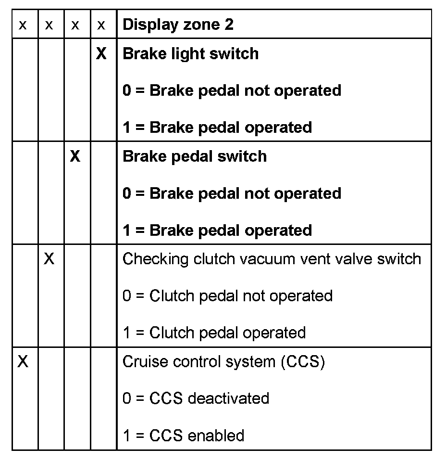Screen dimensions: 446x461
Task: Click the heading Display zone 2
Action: (178, 25)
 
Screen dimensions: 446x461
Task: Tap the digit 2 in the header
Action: (229, 25)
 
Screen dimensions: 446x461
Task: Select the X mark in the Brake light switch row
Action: (101, 53)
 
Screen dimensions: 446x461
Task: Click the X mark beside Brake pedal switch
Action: (75, 156)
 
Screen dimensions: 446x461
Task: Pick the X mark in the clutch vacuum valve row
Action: (49, 259)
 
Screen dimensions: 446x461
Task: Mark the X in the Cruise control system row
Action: (23, 361)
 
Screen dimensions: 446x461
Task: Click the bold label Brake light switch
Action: (190, 53)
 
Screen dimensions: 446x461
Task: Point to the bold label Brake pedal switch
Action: (195, 156)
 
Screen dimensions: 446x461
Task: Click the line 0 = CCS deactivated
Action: (196, 398)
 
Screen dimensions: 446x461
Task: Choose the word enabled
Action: (216, 435)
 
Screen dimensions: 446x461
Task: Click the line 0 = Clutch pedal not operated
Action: (227, 295)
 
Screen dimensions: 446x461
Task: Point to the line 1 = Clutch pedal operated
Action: (214, 333)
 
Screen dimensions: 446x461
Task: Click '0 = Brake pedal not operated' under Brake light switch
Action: (232, 90)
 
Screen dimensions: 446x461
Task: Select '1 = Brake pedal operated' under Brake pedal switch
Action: (217, 230)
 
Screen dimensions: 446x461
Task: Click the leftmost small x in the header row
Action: (23, 25)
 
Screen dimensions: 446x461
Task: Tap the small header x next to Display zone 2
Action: (101, 25)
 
